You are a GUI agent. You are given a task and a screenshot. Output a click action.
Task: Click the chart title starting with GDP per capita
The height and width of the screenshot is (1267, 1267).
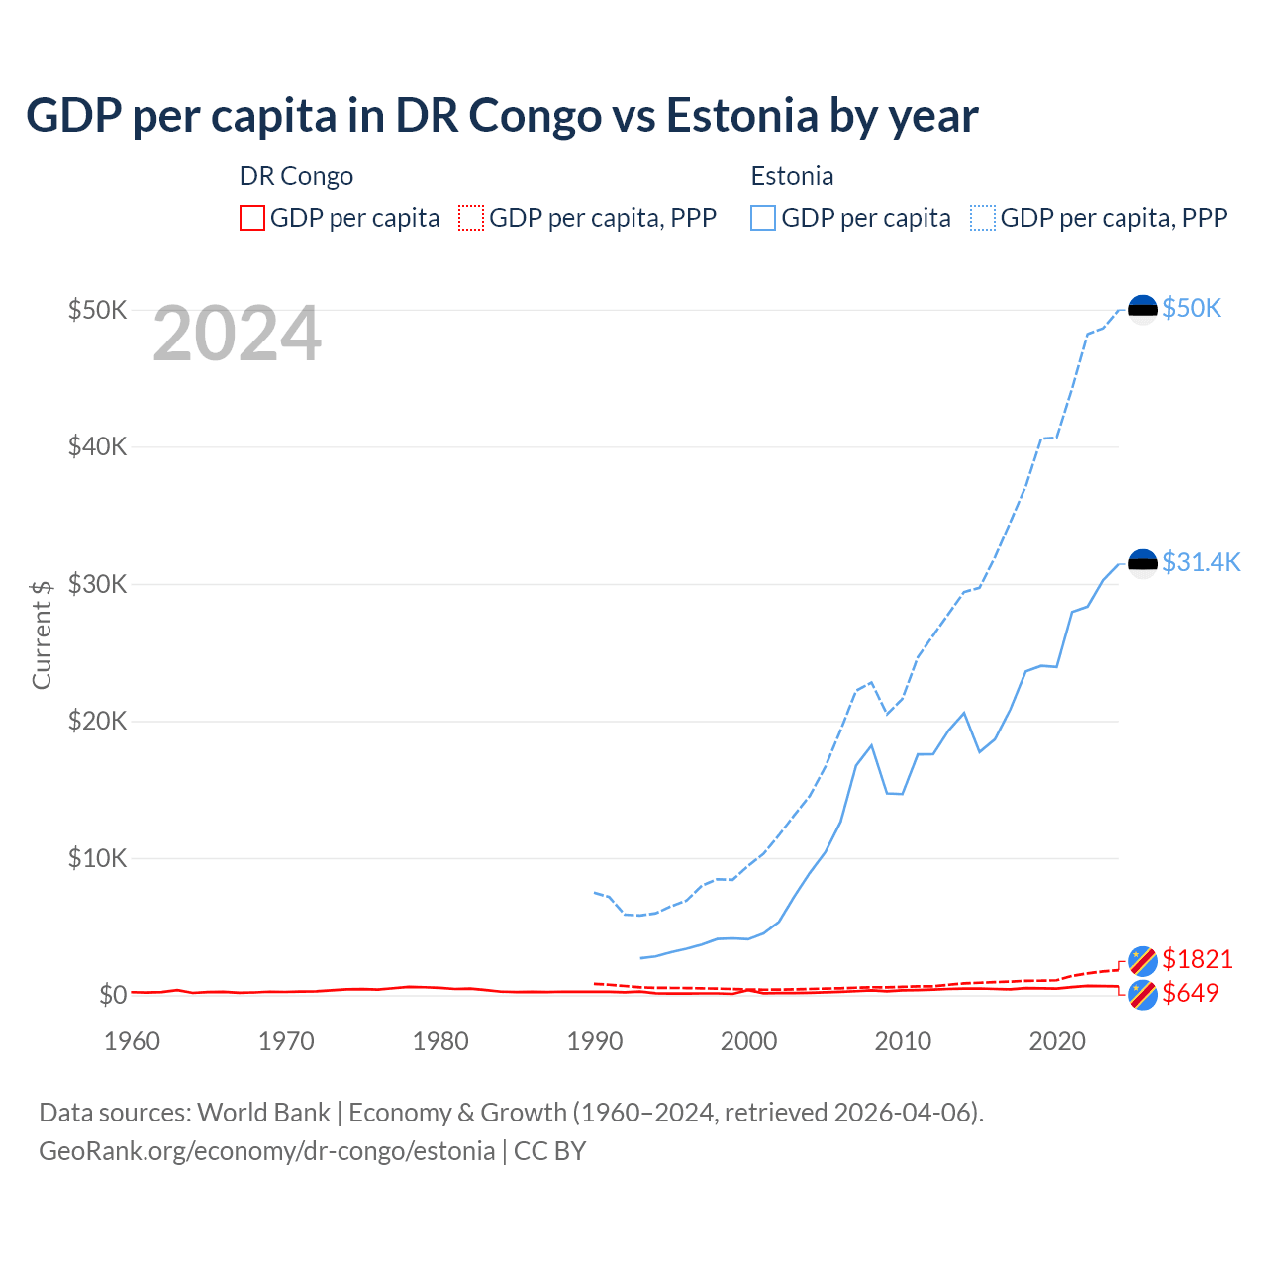pyautogui.click(x=502, y=115)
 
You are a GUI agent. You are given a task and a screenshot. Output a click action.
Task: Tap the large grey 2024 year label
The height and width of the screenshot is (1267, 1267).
pyautogui.click(x=237, y=335)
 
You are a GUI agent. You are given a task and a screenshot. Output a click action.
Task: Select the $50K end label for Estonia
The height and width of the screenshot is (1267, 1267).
pyautogui.click(x=1192, y=308)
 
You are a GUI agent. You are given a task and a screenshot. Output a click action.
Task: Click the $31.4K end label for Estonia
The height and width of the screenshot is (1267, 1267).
pyautogui.click(x=1201, y=562)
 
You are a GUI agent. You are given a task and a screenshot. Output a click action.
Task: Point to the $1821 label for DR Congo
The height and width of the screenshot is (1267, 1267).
pyautogui.click(x=1197, y=959)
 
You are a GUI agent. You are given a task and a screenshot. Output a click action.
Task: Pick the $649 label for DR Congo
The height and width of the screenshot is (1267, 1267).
pyautogui.click(x=1190, y=993)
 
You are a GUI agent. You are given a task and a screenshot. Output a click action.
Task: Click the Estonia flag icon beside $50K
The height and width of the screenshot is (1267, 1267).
pyautogui.click(x=1143, y=309)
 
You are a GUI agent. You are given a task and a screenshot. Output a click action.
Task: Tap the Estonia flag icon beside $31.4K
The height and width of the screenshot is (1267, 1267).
pyautogui.click(x=1143, y=563)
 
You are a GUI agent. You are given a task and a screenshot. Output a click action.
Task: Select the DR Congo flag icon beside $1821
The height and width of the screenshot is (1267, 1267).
pyautogui.click(x=1143, y=960)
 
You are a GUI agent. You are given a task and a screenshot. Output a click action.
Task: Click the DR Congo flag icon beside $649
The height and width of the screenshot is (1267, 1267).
pyautogui.click(x=1143, y=995)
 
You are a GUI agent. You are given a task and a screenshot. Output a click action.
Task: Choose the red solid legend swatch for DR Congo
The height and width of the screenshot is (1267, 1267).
pyautogui.click(x=252, y=218)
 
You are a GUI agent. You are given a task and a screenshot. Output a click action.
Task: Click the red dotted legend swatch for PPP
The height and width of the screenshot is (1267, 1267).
pyautogui.click(x=471, y=218)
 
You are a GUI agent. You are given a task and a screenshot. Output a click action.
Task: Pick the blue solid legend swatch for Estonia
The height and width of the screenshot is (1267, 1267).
pyautogui.click(x=763, y=218)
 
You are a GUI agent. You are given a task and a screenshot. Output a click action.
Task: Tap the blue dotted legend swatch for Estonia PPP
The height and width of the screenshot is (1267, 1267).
pyautogui.click(x=983, y=218)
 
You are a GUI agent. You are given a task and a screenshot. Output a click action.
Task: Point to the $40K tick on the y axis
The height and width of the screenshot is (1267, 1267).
pyautogui.click(x=97, y=446)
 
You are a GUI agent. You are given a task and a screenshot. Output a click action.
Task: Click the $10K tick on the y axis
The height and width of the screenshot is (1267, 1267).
pyautogui.click(x=97, y=858)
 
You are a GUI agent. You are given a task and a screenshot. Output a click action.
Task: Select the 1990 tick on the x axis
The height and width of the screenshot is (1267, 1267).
pyautogui.click(x=595, y=1041)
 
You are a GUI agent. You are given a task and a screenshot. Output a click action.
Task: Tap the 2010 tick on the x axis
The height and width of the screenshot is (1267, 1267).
pyautogui.click(x=903, y=1041)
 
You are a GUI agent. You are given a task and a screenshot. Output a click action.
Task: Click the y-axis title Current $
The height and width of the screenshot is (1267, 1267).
pyautogui.click(x=42, y=634)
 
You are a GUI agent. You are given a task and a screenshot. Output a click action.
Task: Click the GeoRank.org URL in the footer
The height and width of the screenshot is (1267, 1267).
pyautogui.click(x=267, y=1151)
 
